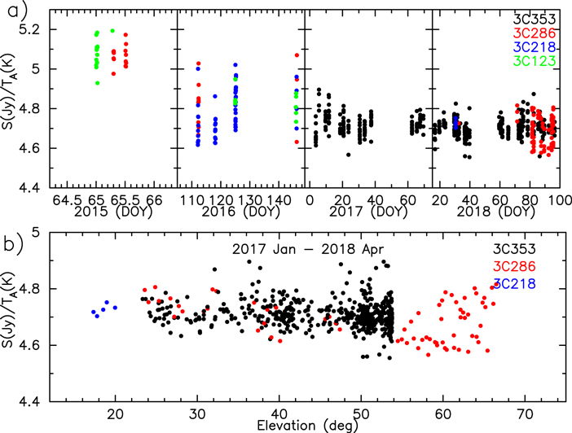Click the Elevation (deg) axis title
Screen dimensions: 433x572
point(303,425)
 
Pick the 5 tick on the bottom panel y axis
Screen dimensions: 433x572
point(37,232)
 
